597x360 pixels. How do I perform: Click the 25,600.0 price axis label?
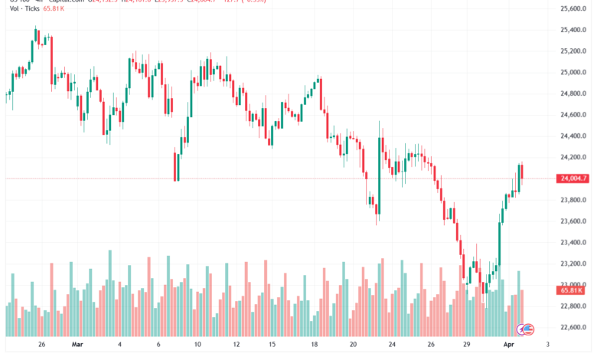573,9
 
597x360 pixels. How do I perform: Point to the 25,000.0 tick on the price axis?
573,73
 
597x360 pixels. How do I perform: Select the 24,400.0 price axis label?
573,136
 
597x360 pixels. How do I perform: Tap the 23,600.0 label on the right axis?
573,221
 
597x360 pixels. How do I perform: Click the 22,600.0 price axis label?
573,328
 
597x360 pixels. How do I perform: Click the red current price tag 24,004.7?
573,178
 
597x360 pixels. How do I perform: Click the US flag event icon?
526,329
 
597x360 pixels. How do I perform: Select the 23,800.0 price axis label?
573,200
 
